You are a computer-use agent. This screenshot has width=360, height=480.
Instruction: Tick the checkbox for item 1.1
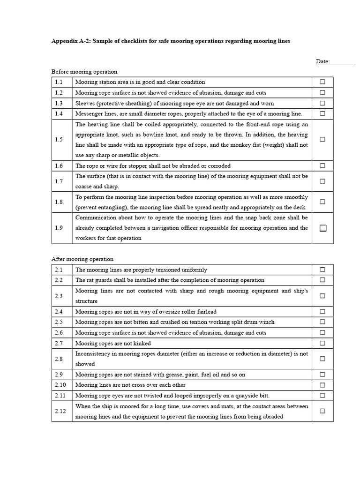pos(322,82)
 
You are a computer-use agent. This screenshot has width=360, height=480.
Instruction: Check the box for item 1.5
pos(322,139)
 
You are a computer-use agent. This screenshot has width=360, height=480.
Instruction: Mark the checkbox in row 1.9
pos(322,228)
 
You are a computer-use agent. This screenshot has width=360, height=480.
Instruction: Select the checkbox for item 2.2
pos(322,280)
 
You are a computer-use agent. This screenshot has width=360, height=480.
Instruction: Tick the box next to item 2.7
pos(322,343)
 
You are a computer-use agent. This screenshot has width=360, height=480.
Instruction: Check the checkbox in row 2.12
pos(322,411)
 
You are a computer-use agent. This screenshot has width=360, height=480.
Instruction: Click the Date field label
pos(323,61)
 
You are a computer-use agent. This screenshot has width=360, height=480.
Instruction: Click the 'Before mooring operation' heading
pos(84,72)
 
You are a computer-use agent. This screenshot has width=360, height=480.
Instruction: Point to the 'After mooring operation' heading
pos(82,259)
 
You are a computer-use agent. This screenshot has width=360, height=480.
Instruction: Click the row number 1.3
pos(59,103)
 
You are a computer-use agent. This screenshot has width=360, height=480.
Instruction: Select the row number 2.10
pos(60,385)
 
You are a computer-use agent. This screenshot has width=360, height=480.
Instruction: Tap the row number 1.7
pos(59,181)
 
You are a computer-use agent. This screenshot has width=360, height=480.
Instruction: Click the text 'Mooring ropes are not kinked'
pos(113,343)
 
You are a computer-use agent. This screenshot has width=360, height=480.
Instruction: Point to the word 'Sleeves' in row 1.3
pos(85,103)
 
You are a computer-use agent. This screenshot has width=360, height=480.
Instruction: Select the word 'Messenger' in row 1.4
pos(90,113)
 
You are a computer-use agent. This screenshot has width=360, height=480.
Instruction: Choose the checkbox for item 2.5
pos(322,322)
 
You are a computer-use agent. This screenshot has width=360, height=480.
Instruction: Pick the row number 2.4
pos(59,312)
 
